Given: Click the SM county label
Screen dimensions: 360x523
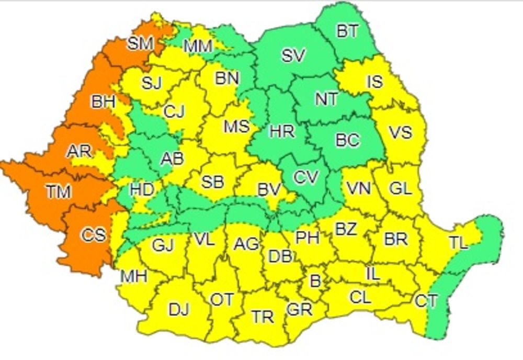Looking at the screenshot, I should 140,44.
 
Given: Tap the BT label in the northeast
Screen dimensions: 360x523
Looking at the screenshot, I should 348,31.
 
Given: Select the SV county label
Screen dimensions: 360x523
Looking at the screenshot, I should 293,55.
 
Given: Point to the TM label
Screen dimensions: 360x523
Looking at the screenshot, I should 58,192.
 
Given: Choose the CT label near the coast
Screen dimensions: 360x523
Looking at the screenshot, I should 426,301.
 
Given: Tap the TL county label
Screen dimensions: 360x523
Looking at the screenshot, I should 459,242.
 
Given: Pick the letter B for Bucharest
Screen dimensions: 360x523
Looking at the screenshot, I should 315,281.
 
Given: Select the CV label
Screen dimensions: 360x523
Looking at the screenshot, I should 305,178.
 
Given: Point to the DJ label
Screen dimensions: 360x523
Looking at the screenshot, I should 179,310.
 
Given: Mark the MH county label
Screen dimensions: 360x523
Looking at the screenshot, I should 133,275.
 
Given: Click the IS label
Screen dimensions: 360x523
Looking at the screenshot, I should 374,82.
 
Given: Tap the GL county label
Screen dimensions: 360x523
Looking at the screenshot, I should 401,188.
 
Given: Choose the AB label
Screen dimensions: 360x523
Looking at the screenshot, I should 172,158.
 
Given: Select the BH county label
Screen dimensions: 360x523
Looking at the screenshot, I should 103,102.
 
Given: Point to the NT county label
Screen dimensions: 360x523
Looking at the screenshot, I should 326,98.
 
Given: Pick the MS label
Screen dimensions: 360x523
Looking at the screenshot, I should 236,127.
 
